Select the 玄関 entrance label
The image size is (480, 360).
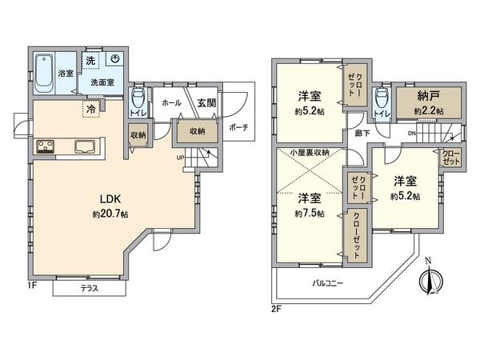204,103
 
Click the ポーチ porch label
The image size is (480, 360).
238,127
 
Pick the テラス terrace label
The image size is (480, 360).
89,289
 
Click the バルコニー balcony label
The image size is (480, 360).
328,283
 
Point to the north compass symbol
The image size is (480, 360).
430,280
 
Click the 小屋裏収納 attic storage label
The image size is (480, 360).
312,152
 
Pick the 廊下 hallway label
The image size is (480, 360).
362,133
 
